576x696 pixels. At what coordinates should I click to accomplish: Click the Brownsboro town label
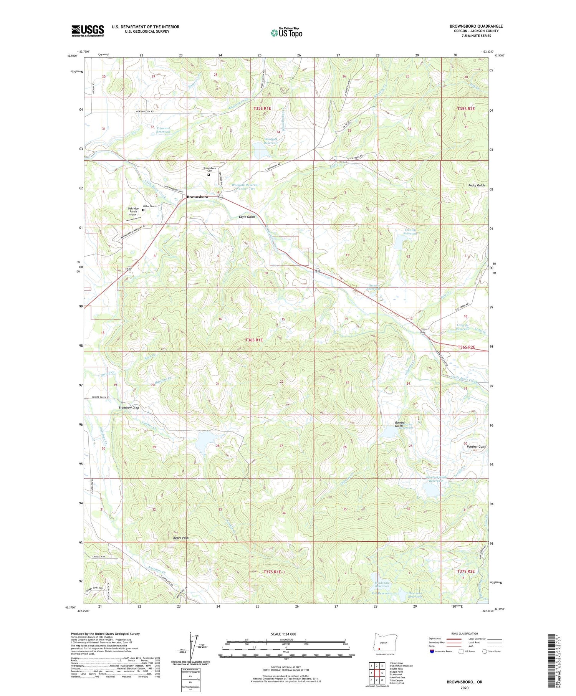(197, 197)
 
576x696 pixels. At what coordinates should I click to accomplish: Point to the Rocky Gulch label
(476, 185)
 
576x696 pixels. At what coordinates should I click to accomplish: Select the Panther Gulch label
(476, 446)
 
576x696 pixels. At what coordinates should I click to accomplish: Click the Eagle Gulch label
(246, 217)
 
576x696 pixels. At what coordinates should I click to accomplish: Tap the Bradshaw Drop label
(129, 408)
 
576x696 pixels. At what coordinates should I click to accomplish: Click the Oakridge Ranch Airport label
(133, 212)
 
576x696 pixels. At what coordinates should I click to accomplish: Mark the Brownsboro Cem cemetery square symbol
(209, 175)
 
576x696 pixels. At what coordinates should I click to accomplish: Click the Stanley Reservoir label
(410, 231)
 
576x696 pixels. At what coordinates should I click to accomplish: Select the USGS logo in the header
(88, 30)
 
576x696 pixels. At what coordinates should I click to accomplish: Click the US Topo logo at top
(286, 33)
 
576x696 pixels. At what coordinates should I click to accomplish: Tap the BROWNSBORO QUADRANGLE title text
(476, 26)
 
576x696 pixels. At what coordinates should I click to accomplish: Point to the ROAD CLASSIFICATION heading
(465, 633)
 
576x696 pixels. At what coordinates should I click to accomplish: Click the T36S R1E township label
(254, 340)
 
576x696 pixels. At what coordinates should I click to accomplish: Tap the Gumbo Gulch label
(399, 424)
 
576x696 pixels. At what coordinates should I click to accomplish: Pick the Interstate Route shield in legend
(432, 651)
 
